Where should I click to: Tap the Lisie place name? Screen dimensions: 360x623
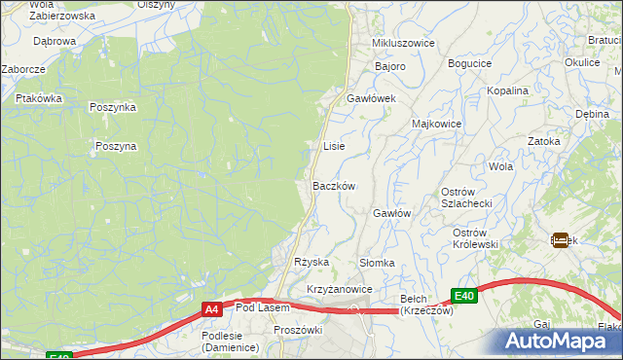pyautogui.click(x=334, y=146)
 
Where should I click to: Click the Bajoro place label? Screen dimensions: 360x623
pyautogui.click(x=391, y=66)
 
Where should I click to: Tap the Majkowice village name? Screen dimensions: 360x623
pyautogui.click(x=436, y=125)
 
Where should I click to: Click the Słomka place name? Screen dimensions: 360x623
pyautogui.click(x=377, y=263)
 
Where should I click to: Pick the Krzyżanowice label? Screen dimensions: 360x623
pyautogui.click(x=340, y=290)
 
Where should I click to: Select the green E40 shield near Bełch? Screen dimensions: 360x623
pyautogui.click(x=464, y=296)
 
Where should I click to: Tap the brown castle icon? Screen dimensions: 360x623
pyautogui.click(x=561, y=238)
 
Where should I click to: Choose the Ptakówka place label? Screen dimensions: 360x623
pyautogui.click(x=39, y=98)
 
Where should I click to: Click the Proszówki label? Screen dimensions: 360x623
pyautogui.click(x=298, y=330)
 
